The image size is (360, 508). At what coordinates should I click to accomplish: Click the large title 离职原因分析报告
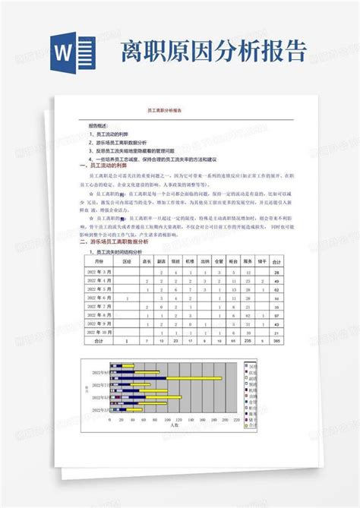216,51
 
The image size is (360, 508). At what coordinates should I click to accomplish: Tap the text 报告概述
99,126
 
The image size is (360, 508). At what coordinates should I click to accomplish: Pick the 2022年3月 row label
97,271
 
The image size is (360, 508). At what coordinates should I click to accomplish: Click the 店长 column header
147,259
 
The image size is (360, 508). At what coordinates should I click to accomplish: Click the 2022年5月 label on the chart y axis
100,396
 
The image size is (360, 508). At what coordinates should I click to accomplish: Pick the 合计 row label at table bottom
97,342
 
